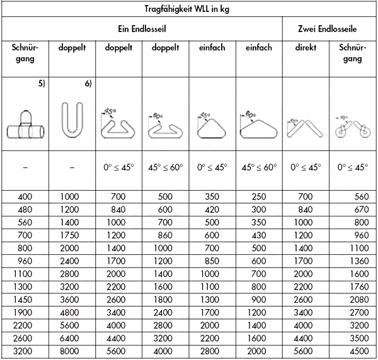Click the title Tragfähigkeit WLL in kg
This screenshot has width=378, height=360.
click(189, 8)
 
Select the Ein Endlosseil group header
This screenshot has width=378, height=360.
click(142, 29)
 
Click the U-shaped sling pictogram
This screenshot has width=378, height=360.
click(72, 120)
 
